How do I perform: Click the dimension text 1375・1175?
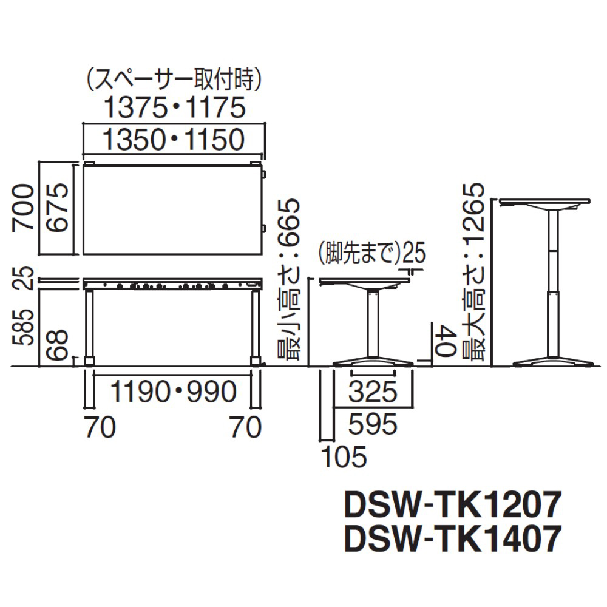175,107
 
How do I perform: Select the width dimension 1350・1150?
174,140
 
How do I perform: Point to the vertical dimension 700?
23,208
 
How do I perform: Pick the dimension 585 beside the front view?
23,327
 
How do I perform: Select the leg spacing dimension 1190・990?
173,392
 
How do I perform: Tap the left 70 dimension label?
100,427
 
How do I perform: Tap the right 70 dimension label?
246,427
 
